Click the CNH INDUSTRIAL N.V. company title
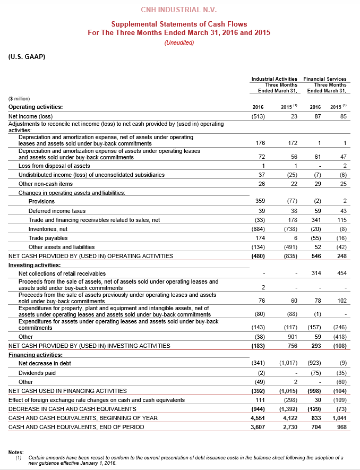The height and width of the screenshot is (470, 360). tap(179, 10)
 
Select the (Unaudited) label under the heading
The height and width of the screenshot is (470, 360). tap(179, 42)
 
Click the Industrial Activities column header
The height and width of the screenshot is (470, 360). tap(274, 79)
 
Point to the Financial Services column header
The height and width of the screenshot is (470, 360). tap(325, 79)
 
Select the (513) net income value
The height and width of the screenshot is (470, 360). tap(258, 116)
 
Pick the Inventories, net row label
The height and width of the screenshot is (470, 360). tap(49, 229)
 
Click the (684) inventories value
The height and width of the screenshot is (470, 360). tap(258, 229)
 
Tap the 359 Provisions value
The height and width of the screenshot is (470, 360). tap(259, 202)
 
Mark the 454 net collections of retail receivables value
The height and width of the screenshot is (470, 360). tap(341, 273)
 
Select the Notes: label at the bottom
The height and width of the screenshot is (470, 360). tap(16, 452)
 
